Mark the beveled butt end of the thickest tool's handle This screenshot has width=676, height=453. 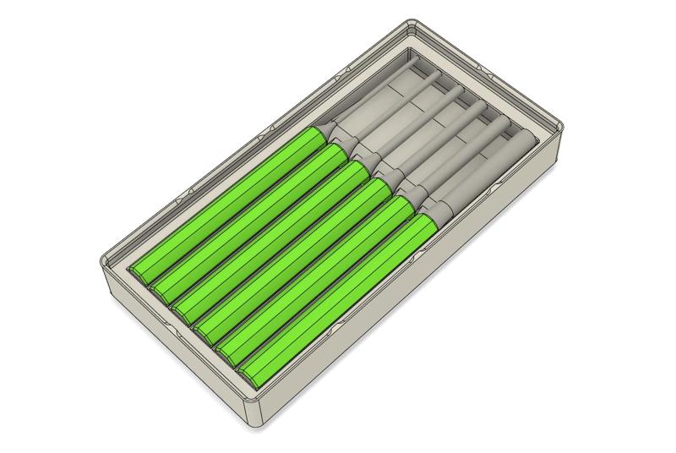[x=248, y=373]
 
